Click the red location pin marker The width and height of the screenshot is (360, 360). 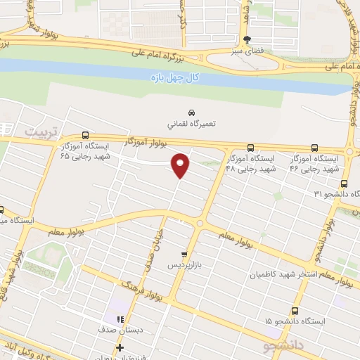pos(181,166)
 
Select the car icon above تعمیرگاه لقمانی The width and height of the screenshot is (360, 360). pos(191,113)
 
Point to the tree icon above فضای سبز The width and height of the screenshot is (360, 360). pos(246,39)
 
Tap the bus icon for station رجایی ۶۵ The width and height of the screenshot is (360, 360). pos(86,135)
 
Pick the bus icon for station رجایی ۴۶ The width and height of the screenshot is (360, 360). pos(314,148)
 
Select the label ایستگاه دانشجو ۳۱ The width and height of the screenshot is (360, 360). pos(337,193)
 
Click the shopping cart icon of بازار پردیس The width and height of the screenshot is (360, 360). pos(184,255)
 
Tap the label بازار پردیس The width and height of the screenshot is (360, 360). pos(184,266)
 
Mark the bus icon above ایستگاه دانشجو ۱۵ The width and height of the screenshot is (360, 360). pos(295,309)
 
